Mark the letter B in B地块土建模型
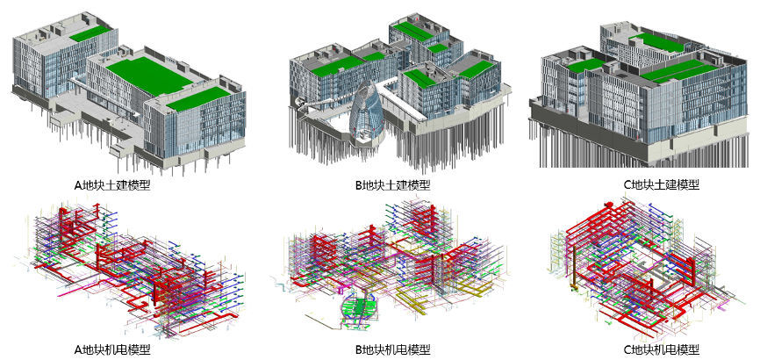tap(359, 185)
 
